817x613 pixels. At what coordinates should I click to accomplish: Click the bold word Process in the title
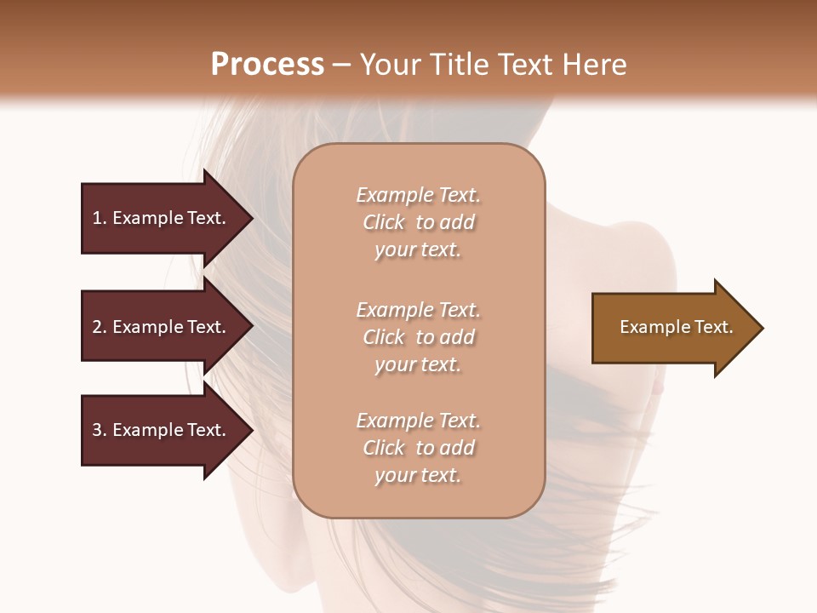tap(267, 65)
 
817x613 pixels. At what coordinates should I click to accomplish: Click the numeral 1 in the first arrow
tap(97, 218)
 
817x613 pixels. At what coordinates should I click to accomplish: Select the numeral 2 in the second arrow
tap(97, 327)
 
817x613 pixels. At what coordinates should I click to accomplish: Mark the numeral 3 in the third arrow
tap(97, 430)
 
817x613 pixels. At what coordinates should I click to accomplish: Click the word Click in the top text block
tap(384, 222)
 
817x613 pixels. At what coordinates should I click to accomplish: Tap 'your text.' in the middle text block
tap(418, 364)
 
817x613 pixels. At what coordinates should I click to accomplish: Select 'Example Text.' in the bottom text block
tap(418, 421)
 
